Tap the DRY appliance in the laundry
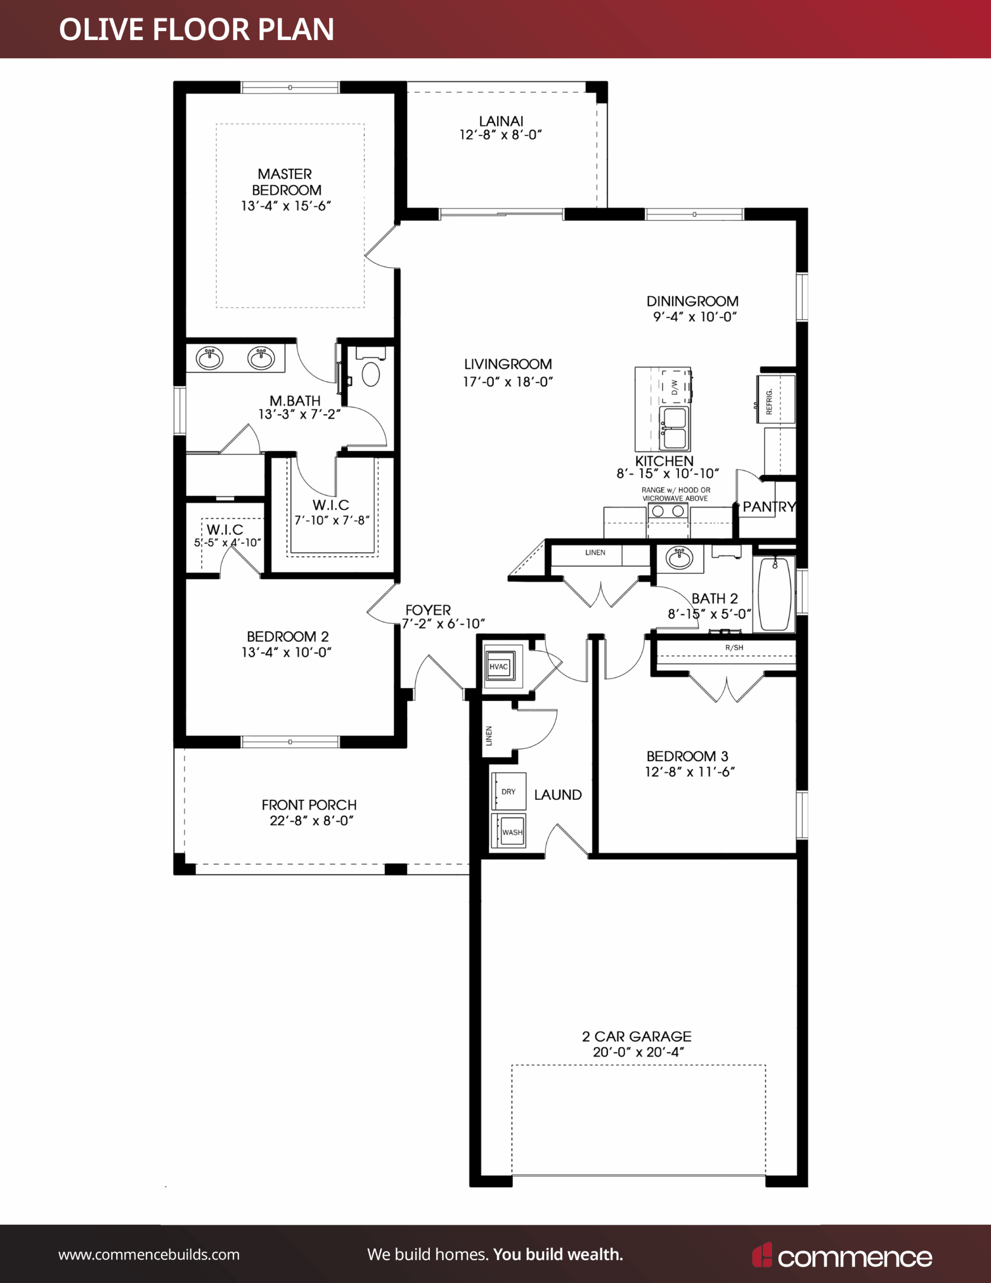pyautogui.click(x=508, y=791)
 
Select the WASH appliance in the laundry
pyautogui.click(x=508, y=830)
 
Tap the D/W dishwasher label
pyautogui.click(x=674, y=387)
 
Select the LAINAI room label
pyautogui.click(x=501, y=121)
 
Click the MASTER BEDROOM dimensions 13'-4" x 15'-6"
pyautogui.click(x=286, y=205)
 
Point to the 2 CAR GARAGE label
pyautogui.click(x=637, y=1037)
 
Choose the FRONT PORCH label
pyautogui.click(x=309, y=805)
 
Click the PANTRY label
pyautogui.click(x=769, y=506)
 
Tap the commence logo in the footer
pyautogui.click(x=842, y=1255)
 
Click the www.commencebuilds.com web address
pyautogui.click(x=149, y=1255)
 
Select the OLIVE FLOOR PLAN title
pyautogui.click(x=197, y=30)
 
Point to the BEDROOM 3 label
pyautogui.click(x=687, y=756)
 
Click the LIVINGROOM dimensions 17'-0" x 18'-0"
pyautogui.click(x=508, y=382)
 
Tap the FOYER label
pyautogui.click(x=428, y=610)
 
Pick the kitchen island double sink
pyautogui.click(x=674, y=429)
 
